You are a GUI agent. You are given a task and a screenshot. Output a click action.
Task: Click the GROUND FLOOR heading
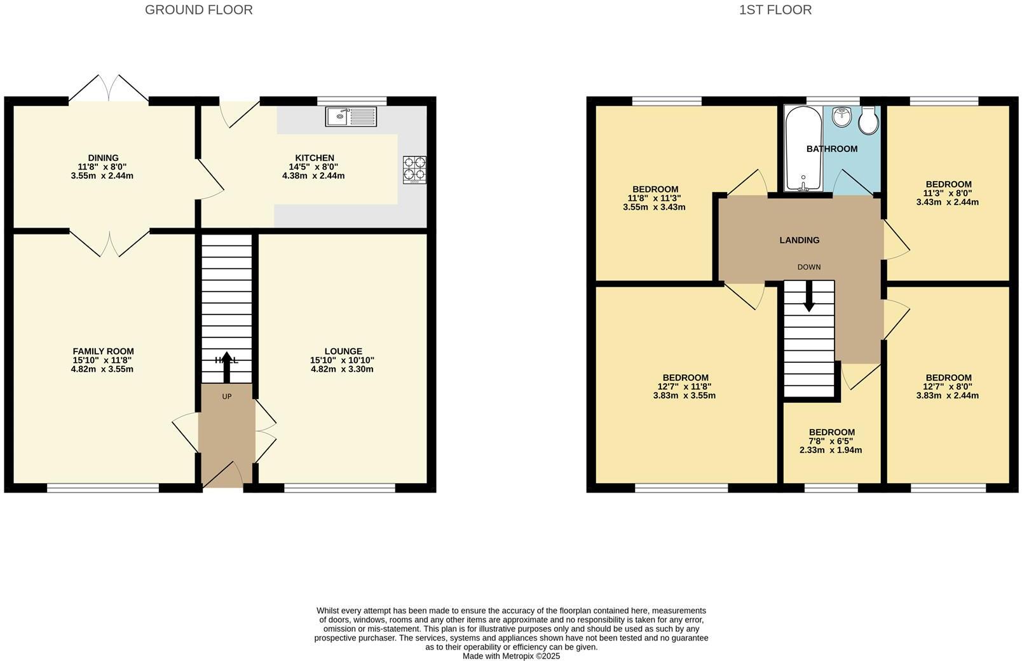pos(198,10)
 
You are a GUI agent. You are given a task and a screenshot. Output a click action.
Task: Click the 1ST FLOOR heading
pos(775,10)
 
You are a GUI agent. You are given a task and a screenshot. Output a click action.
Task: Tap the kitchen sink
pos(351,116)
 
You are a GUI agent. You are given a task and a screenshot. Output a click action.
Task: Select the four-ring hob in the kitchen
pos(414,170)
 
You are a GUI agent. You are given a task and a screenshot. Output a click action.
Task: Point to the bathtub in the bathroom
pos(803,148)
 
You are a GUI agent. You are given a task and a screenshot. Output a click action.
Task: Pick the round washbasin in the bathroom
pos(841,117)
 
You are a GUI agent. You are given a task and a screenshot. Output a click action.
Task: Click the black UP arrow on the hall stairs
pos(227,367)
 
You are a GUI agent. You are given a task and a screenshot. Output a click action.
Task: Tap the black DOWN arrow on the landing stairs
pos(809,296)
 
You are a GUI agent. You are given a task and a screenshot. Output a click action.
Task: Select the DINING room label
pos(103,158)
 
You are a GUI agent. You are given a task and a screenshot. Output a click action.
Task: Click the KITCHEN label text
pos(315,158)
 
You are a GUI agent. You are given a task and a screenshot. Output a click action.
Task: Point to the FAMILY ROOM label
pos(103,351)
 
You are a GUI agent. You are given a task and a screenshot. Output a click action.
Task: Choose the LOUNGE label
pos(343,351)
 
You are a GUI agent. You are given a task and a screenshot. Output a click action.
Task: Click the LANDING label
pos(800,240)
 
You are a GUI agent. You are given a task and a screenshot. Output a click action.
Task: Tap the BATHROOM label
pos(832,149)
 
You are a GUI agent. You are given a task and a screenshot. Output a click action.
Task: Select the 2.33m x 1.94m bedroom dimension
pos(831,450)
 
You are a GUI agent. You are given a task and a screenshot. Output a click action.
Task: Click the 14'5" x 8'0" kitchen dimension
pos(313,167)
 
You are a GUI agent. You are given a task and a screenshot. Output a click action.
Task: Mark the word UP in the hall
pos(227,397)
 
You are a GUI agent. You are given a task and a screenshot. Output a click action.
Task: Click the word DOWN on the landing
pos(809,267)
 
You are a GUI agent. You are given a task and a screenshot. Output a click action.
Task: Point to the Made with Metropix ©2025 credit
pos(511,656)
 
